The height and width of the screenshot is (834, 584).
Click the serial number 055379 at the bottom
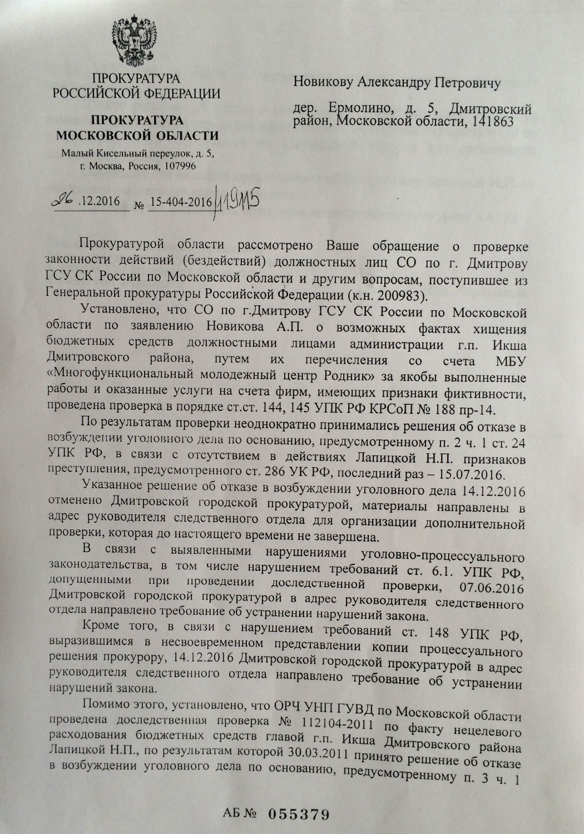pyautogui.click(x=300, y=815)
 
